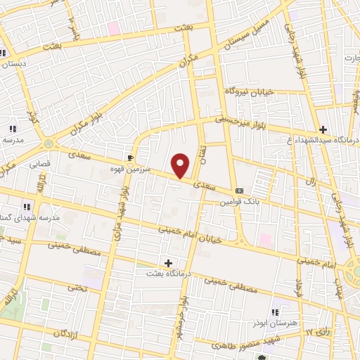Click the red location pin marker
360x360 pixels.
(x=181, y=165)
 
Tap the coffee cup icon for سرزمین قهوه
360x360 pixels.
(x=130, y=157)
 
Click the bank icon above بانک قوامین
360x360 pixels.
(x=240, y=191)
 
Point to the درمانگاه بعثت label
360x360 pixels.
(x=167, y=273)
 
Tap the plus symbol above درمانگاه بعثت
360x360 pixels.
(x=168, y=262)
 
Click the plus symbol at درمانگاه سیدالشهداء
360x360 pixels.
(x=323, y=129)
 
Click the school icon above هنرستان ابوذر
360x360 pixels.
(x=275, y=311)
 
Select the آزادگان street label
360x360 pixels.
(x=60, y=330)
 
